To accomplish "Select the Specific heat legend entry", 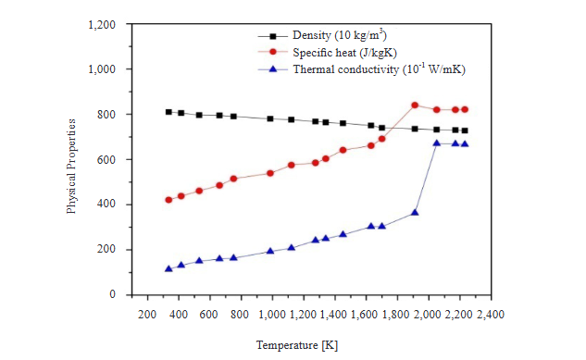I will tap(334, 52).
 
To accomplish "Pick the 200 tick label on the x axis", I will tap(146, 315).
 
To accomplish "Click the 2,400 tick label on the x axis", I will tap(490, 315).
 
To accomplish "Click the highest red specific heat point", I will tap(415, 106).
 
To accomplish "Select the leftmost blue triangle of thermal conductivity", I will tap(168, 268).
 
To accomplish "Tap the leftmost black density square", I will tap(168, 112).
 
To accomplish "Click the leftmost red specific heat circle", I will tap(168, 200).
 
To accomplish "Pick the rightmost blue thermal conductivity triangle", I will tap(465, 143).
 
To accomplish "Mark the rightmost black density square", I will tap(465, 130).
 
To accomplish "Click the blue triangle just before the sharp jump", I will tap(415, 212).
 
